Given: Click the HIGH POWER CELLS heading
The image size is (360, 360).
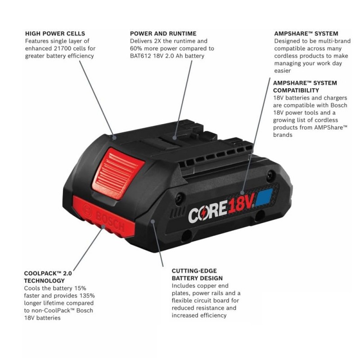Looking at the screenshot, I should click(55, 33).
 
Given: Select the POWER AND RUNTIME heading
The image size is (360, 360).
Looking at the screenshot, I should click(163, 33).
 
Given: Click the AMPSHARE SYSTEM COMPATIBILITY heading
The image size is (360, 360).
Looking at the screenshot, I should click(305, 87).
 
